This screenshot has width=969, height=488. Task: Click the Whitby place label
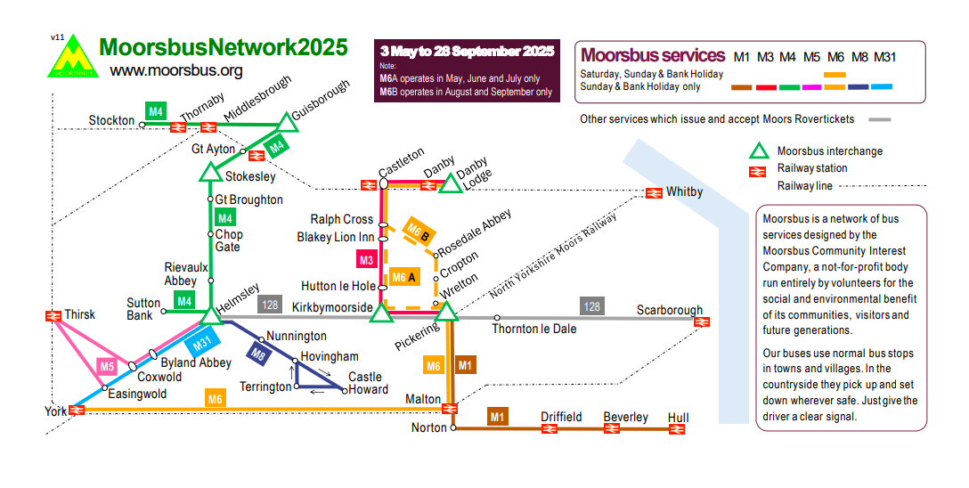point(684,192)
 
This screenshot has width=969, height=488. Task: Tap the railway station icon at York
point(77,410)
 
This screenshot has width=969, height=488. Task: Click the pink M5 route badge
point(107,366)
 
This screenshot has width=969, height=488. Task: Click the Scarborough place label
point(669,311)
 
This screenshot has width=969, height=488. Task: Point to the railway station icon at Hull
point(677,429)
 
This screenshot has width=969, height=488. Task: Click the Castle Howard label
point(368,384)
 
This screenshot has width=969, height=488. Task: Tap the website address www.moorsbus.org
point(176,70)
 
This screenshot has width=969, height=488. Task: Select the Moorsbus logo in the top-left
point(72,58)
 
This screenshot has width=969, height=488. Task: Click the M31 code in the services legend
point(884,57)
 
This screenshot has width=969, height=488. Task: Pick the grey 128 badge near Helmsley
point(270,305)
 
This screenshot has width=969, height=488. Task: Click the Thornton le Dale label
point(534,329)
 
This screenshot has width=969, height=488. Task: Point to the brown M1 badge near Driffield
point(497,416)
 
